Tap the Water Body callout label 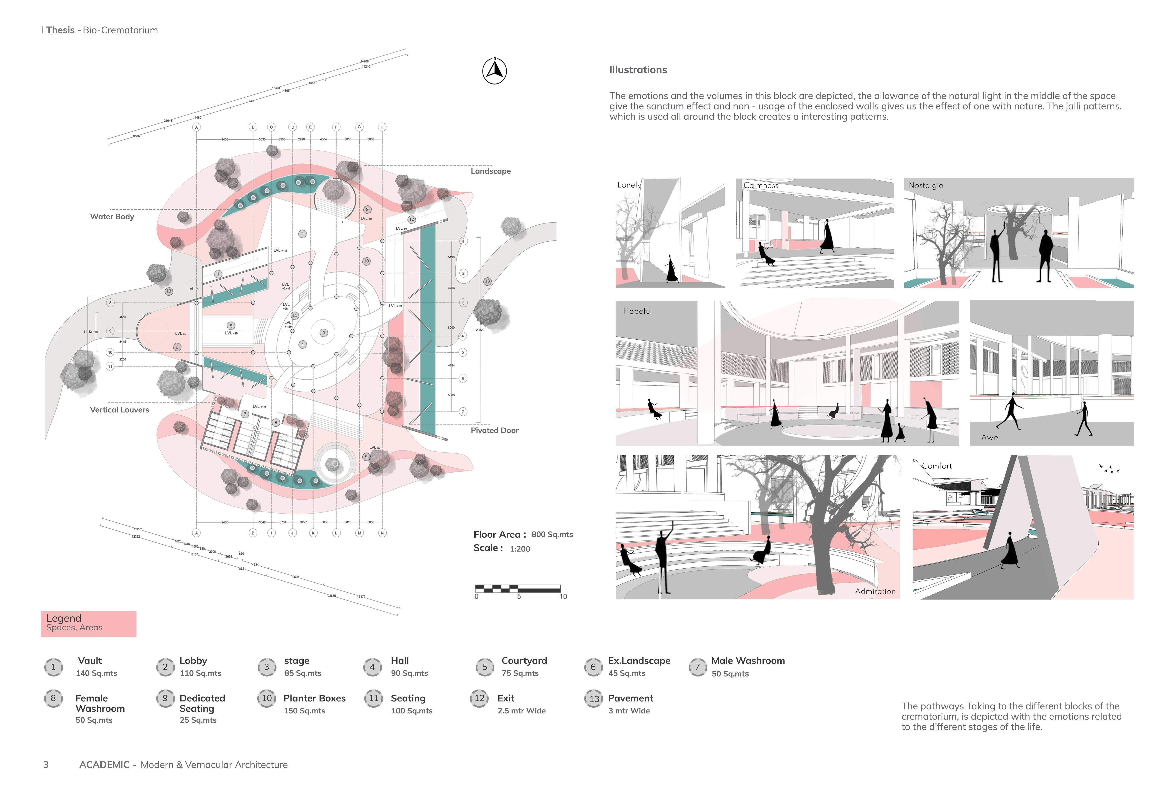point(112,216)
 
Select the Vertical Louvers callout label point(119,410)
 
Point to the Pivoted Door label point(494,431)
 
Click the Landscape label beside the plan point(490,171)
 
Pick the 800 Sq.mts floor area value point(552,534)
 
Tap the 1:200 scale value point(520,548)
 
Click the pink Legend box point(89,623)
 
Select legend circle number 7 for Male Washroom point(697,667)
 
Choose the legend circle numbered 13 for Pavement point(594,699)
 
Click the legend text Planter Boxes point(314,698)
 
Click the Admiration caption point(875,591)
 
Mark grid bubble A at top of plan point(196,127)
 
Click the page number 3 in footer point(46,765)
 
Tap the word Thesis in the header point(60,30)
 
